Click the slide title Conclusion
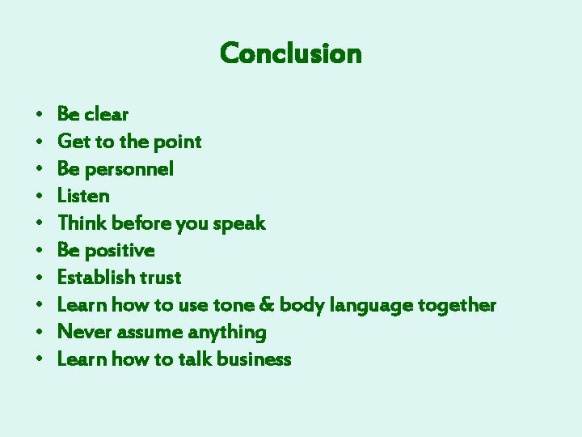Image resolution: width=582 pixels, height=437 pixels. (x=290, y=53)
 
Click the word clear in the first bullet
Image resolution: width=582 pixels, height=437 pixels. (x=106, y=114)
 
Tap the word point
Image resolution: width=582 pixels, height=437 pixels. (x=177, y=142)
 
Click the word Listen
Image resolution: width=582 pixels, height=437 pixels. (x=83, y=196)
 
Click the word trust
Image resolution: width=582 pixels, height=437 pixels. (x=160, y=278)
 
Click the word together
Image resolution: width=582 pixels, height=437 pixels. (x=457, y=305)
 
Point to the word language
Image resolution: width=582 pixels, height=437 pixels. (x=371, y=306)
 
